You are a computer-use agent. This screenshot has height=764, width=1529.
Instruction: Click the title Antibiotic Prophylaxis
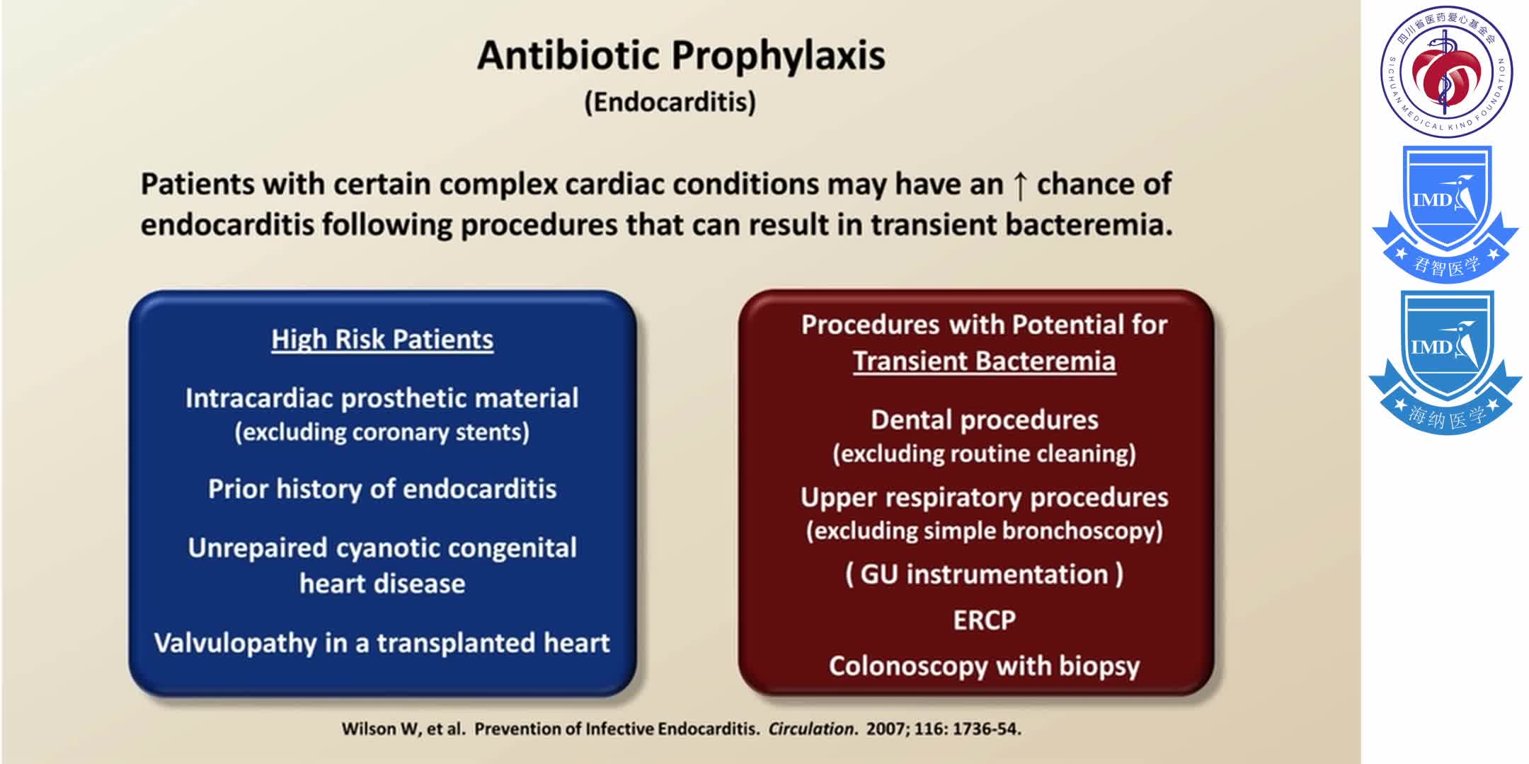click(681, 55)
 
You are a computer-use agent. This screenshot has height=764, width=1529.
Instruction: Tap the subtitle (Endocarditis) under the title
click(670, 102)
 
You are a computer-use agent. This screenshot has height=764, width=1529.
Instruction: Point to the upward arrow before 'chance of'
click(1019, 185)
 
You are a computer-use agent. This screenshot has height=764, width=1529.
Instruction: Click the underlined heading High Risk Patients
click(382, 340)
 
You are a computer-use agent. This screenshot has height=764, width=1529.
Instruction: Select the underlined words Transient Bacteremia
click(984, 361)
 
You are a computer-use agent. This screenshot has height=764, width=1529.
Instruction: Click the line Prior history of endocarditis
click(382, 489)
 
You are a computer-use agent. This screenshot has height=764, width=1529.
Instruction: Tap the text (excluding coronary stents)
click(382, 432)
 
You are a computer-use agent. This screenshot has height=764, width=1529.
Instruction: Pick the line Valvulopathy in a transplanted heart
click(382, 643)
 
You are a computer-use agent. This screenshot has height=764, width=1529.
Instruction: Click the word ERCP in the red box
click(984, 620)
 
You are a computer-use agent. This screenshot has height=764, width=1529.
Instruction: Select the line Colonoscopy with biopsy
click(984, 666)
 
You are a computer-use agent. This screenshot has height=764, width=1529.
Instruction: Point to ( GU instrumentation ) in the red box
click(984, 574)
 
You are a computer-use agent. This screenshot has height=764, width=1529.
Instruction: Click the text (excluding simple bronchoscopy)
click(984, 531)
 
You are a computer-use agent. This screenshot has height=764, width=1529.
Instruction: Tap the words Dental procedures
click(984, 420)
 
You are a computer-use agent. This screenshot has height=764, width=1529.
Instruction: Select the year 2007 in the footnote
click(885, 729)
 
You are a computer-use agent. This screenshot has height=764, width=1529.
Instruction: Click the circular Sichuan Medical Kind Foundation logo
click(1446, 71)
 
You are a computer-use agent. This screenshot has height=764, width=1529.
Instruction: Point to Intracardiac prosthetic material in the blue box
click(382, 398)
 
